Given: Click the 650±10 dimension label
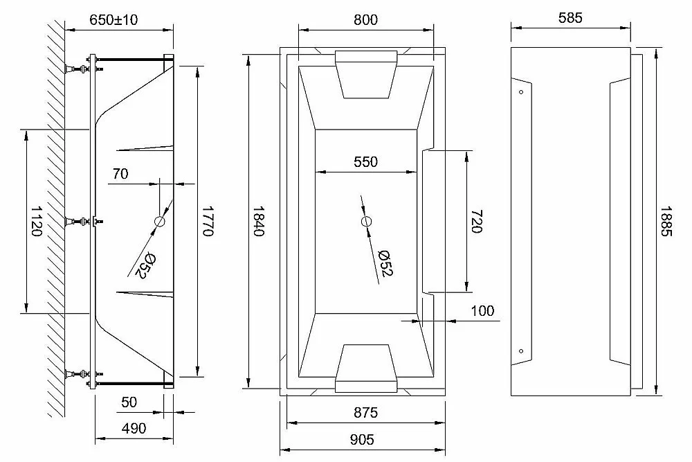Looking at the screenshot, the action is pos(113,20).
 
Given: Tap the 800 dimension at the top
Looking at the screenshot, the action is pos(365,20).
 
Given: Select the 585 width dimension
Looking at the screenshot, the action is pos(570,18).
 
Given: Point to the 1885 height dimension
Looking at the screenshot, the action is pos(666,221).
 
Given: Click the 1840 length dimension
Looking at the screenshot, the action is pos(258,221).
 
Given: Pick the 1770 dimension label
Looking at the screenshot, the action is pos(208,221).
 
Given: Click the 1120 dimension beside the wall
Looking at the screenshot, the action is pos(36,221).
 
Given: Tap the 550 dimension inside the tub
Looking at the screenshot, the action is pos(365,161).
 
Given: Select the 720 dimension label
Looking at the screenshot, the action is pos(477,221).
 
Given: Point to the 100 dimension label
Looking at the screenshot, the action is pos(482,311).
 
